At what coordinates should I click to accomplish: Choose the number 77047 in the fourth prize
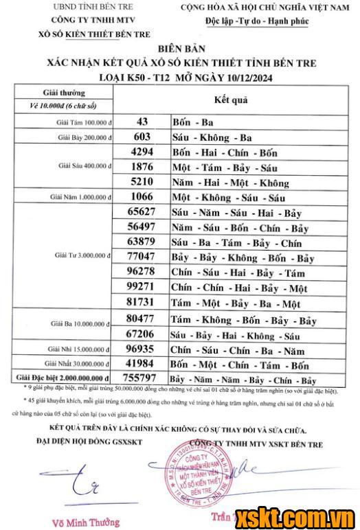pyautogui.click(x=142, y=257)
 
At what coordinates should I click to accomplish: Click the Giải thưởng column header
pyautogui.click(x=65, y=92)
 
